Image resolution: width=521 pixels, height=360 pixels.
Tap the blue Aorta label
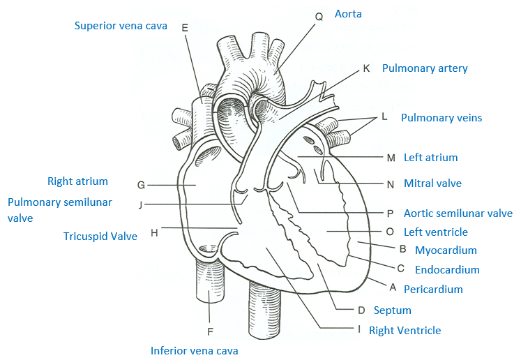coord(348,14)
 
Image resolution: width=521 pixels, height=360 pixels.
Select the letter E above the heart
coord(185,28)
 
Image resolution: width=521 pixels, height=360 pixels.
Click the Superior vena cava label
coord(121,26)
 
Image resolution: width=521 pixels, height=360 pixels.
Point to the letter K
coord(367,68)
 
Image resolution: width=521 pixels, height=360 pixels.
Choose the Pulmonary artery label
coord(425,68)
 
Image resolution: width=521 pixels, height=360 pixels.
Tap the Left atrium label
coord(430,158)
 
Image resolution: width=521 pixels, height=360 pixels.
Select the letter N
coord(391,184)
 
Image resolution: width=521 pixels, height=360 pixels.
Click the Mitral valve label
coord(432,183)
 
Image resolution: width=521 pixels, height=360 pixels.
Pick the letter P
coord(391,213)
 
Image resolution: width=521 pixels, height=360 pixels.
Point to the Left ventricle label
coord(435,232)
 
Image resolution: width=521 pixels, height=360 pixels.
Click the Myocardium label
coord(446,250)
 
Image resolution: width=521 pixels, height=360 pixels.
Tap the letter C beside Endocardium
coord(400,269)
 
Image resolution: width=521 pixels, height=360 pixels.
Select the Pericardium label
coord(439,289)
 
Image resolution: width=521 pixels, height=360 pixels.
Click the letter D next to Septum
coord(361,310)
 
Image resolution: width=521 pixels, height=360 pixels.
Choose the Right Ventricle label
coord(405,330)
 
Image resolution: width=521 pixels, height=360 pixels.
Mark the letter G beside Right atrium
coord(141,185)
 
